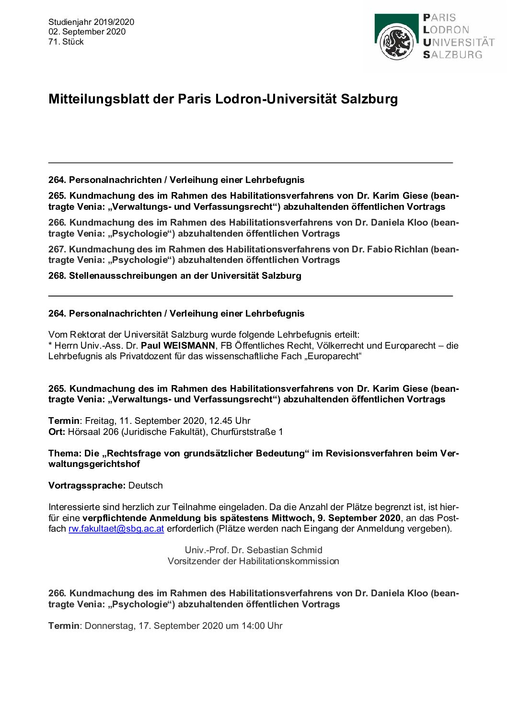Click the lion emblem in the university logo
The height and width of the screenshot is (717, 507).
[x=396, y=42]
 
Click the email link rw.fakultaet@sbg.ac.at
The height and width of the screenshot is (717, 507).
[x=116, y=529]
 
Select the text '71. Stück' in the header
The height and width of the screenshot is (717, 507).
[x=66, y=42]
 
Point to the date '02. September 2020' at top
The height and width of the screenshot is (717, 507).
[x=87, y=32]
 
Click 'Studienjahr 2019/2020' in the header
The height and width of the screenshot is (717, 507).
[x=91, y=22]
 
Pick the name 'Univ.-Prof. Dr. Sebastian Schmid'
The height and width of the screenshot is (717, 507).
[x=253, y=550]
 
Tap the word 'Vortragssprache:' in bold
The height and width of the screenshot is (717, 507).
[x=87, y=485]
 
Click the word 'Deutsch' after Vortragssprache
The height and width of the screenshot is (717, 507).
[x=146, y=485]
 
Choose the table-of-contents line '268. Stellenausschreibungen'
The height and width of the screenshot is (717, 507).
[x=175, y=275]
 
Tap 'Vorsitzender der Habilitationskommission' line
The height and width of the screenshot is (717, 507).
[x=253, y=561]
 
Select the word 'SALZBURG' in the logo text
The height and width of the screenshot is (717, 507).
[x=452, y=55]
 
